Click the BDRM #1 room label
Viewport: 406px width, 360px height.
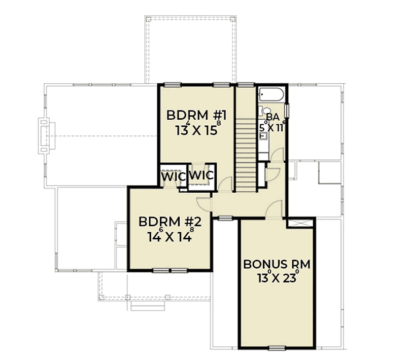click(193, 115)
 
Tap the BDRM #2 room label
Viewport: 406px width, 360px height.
click(171, 222)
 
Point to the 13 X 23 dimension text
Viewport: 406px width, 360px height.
click(277, 278)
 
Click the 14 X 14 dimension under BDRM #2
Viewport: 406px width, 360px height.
click(171, 236)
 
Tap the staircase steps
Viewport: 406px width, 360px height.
click(246, 152)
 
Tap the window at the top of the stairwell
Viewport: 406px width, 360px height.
click(246, 84)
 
